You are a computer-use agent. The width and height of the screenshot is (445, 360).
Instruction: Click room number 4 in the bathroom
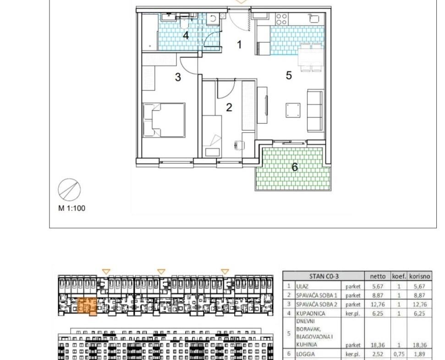tap(186, 36)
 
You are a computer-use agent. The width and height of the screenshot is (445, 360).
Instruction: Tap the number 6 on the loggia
tap(295, 167)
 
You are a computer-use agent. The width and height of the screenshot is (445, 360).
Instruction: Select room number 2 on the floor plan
tap(229, 107)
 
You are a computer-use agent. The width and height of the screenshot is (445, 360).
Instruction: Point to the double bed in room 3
tap(164, 120)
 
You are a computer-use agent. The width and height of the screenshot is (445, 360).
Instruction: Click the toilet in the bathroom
tap(184, 23)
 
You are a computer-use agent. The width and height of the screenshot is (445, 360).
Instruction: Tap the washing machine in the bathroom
tap(213, 19)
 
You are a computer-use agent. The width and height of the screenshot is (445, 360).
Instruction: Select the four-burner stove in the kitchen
tap(281, 19)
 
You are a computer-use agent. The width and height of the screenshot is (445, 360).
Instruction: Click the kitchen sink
tap(314, 18)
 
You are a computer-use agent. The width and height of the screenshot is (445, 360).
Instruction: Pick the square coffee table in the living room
tap(293, 110)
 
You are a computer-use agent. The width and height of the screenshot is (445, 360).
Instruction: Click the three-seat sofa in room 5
tap(315, 111)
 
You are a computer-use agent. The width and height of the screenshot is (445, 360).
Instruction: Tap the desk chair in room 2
tap(240, 145)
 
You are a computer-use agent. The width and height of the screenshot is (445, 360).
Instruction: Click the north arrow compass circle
tap(69, 190)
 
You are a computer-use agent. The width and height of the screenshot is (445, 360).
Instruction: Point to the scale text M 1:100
tap(72, 208)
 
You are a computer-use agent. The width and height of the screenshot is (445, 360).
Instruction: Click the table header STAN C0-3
tap(324, 276)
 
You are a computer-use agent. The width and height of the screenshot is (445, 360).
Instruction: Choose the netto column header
tap(378, 276)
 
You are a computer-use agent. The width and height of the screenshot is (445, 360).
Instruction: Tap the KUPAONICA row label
tap(310, 313)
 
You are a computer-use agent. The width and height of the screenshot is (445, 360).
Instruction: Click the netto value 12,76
tap(378, 305)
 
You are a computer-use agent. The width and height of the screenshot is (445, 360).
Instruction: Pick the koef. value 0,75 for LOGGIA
tap(399, 354)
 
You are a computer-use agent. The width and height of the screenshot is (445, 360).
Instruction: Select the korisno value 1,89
tap(419, 354)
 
